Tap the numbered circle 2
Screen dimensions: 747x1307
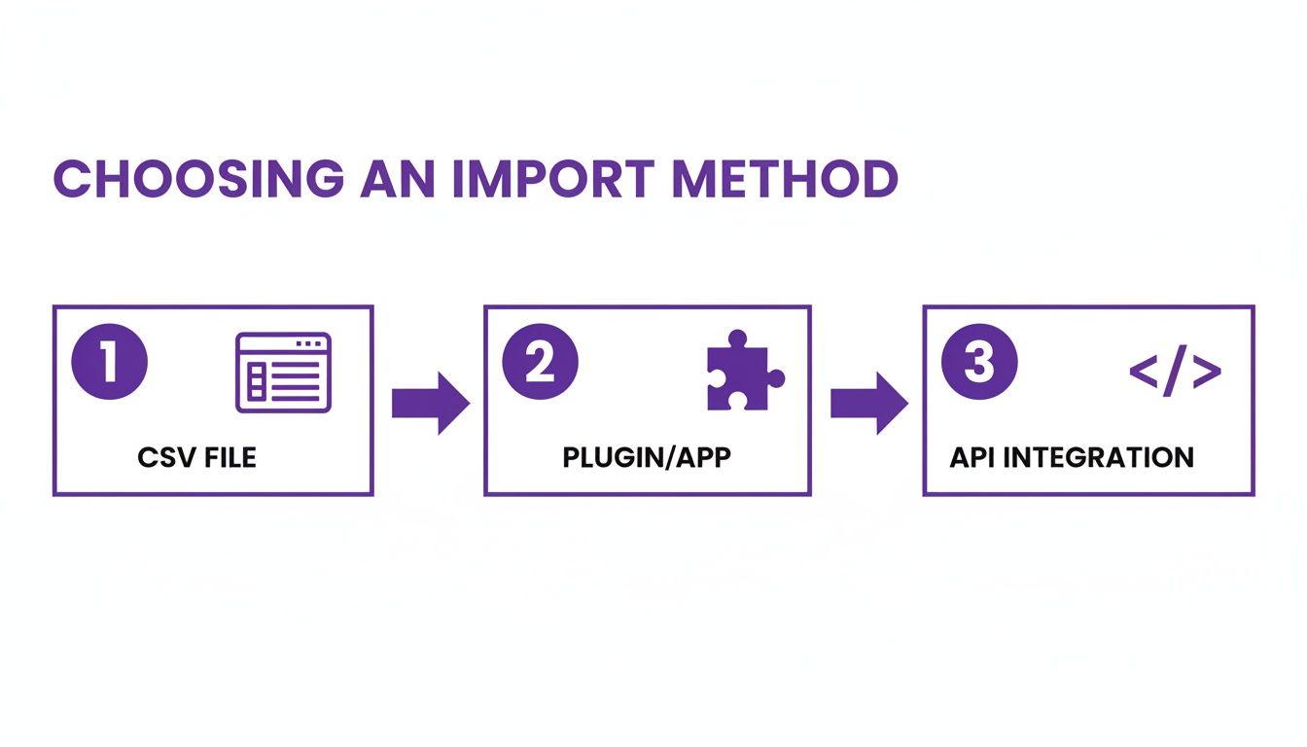click(540, 363)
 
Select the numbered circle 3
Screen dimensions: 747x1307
click(979, 363)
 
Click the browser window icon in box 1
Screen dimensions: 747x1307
click(283, 372)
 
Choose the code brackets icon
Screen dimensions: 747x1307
click(1175, 373)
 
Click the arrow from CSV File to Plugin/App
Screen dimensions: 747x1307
click(430, 402)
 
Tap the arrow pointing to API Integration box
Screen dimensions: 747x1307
click(868, 402)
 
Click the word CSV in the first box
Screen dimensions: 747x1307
click(160, 457)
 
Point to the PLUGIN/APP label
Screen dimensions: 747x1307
click(646, 457)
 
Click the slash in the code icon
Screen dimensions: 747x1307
click(1175, 373)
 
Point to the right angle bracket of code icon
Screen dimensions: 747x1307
click(1207, 373)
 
